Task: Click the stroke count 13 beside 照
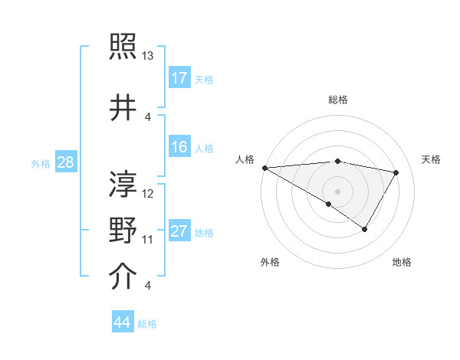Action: tap(148, 56)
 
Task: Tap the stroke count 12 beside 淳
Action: tap(148, 194)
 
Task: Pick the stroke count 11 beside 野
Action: tap(148, 240)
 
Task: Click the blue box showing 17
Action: tap(179, 78)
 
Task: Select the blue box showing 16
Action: tap(179, 147)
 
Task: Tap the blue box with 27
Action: tap(179, 231)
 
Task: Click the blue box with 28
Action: tap(65, 162)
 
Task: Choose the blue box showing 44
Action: tap(122, 322)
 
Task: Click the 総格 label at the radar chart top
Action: tap(337, 100)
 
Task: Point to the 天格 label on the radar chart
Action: tap(432, 159)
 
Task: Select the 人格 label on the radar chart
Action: tap(245, 159)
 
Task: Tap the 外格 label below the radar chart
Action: tap(270, 262)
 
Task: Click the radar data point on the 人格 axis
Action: tap(264, 168)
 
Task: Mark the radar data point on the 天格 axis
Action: tap(396, 172)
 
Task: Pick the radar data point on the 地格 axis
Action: tap(365, 229)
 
